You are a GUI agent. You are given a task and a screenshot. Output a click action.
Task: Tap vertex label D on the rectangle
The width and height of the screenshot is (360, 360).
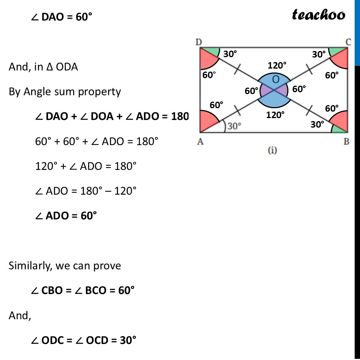click(199, 42)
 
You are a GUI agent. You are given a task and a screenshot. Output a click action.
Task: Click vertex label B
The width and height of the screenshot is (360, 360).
click(347, 142)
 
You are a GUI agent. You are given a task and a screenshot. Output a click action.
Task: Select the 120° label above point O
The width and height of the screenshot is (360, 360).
click(277, 66)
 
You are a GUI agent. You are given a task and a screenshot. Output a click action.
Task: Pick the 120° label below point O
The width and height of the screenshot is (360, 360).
click(276, 114)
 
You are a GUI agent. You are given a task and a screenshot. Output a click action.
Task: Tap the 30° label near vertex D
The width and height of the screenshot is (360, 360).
click(230, 54)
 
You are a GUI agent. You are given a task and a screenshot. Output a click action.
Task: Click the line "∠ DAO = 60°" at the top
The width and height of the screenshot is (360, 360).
click(62, 17)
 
